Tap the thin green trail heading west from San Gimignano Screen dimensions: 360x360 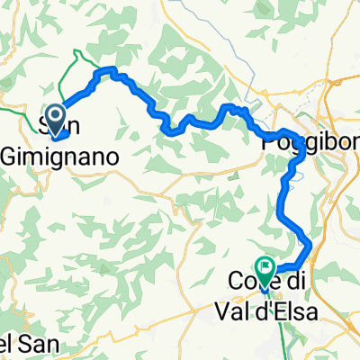[x=18, y=112]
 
